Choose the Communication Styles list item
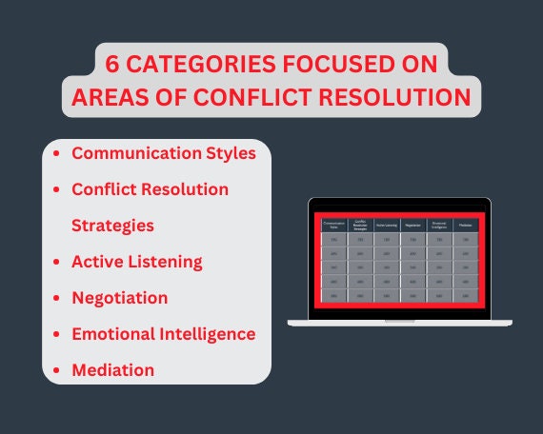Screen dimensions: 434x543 [x=163, y=153]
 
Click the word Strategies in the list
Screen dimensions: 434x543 [x=112, y=226]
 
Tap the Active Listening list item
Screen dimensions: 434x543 [x=136, y=262]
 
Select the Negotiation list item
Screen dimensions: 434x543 [x=119, y=298]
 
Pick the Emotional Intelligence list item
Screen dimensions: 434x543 [x=163, y=334]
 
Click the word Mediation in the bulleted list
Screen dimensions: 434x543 [x=112, y=369]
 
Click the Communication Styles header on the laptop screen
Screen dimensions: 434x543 [x=333, y=226]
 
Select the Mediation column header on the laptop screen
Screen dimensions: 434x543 [x=465, y=226]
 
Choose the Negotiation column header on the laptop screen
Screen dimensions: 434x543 [x=412, y=226]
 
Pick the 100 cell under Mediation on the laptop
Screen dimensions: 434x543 [x=465, y=241]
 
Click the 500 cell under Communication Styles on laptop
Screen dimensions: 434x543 [x=333, y=297]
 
